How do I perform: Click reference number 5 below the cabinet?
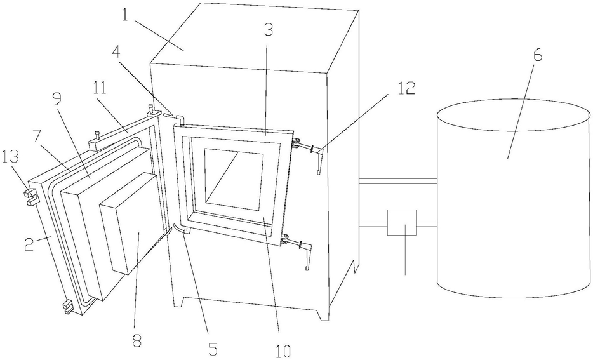213,347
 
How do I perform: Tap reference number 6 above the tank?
537,55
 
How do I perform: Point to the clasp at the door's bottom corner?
67,309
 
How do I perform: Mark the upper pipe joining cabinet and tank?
398,182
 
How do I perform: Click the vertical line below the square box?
405,257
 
